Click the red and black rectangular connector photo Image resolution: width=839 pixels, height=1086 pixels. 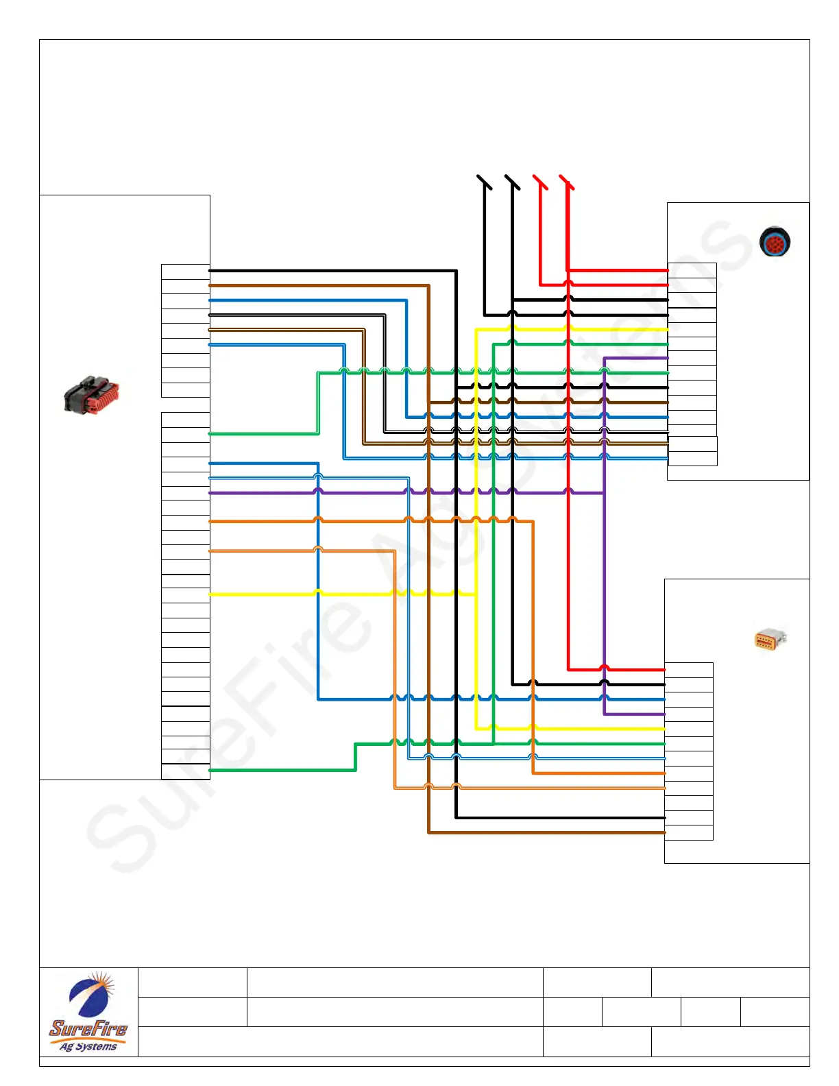coord(91,395)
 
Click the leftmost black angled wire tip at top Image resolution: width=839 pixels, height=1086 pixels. coord(484,182)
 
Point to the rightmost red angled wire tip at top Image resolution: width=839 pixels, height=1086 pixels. coord(566,182)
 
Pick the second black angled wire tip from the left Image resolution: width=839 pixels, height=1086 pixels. coord(512,182)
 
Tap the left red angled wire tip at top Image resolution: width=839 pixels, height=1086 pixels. coord(539,182)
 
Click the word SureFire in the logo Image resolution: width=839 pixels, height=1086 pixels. coord(88,1028)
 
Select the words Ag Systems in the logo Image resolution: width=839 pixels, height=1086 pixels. coord(88,1046)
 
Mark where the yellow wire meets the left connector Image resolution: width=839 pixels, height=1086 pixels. coord(211,594)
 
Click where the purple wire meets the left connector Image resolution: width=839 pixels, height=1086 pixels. coord(211,492)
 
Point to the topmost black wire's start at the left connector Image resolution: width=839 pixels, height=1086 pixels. coord(211,271)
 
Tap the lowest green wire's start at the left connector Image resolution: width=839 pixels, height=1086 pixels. coord(211,770)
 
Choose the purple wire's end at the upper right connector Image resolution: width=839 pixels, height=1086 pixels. coord(666,358)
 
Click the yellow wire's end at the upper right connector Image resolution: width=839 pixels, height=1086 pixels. coord(666,329)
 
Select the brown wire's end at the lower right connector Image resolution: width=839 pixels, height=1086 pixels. coord(663,832)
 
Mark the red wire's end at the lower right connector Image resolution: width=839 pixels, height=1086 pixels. coord(663,669)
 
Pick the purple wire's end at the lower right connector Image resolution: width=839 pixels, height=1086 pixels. coord(663,714)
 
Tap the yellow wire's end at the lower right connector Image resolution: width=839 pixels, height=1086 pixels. coord(663,728)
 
